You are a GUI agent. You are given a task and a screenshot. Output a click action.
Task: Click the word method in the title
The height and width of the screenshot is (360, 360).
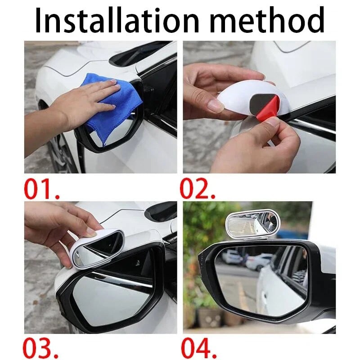click(267, 20)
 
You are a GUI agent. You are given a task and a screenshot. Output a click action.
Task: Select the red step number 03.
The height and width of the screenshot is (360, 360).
click(41, 348)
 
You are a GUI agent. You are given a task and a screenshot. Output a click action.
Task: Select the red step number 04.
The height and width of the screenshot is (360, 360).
click(198, 348)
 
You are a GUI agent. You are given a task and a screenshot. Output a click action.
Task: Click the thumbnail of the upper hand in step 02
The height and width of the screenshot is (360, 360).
click(216, 106)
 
